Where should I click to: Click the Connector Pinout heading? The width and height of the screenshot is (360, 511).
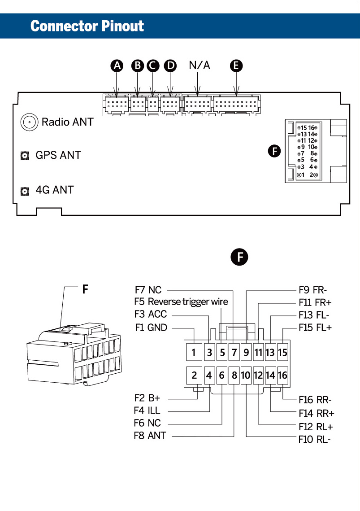[87, 26]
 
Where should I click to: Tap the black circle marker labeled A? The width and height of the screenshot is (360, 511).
[117, 66]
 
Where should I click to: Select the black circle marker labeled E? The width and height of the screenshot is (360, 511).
[236, 66]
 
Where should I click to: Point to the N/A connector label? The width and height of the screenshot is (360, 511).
[200, 66]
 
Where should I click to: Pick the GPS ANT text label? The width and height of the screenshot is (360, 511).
[58, 155]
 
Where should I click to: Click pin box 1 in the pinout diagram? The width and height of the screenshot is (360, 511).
[194, 352]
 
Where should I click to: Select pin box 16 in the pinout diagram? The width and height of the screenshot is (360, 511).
[282, 375]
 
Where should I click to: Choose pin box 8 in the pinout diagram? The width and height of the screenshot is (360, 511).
[234, 375]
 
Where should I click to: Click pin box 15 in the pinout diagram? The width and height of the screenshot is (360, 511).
[282, 352]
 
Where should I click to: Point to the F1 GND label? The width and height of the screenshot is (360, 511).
[151, 328]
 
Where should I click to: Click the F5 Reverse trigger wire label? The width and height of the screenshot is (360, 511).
[181, 301]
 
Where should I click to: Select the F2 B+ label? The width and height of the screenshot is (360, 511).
[147, 398]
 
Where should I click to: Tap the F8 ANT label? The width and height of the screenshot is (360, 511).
[150, 435]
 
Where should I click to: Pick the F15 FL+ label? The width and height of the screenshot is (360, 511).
[315, 328]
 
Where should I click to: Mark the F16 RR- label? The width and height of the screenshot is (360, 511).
[315, 400]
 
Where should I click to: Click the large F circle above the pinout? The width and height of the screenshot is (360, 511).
[239, 258]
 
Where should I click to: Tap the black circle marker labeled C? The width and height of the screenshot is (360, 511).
[153, 66]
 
